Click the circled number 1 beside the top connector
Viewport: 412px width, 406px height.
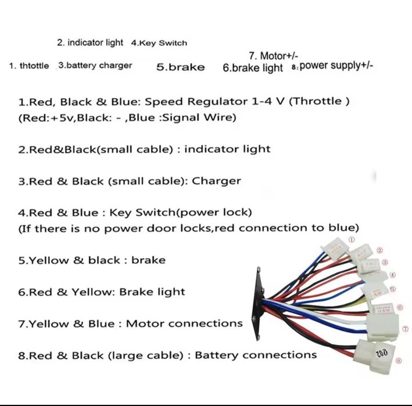351,239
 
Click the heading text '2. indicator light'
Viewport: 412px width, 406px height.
90,42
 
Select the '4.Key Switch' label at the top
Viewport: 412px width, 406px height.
159,43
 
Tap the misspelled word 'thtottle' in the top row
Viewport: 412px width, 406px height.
34,66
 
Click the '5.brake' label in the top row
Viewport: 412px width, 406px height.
180,67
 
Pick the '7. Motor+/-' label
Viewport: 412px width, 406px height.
273,56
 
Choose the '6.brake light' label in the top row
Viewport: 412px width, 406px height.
252,67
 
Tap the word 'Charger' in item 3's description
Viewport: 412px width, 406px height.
216,181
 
